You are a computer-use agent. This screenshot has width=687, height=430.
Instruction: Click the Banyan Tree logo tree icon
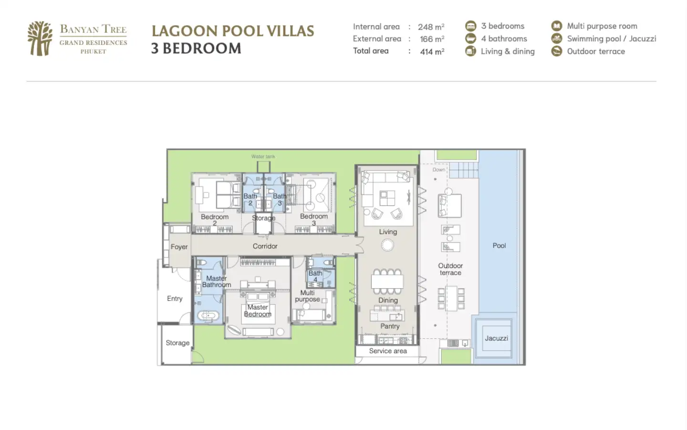click(40, 38)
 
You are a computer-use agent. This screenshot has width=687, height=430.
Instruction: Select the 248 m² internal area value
click(431, 27)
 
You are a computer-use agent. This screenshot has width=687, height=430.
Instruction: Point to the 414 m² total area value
click(432, 51)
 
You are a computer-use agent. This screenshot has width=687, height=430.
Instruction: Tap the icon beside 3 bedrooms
click(471, 26)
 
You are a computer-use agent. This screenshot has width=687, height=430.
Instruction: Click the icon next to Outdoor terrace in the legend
click(557, 51)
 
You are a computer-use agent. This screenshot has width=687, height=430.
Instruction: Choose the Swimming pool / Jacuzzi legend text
click(612, 39)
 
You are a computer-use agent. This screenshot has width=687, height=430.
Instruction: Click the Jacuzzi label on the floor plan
click(497, 338)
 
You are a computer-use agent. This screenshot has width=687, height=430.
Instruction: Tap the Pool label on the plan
click(500, 246)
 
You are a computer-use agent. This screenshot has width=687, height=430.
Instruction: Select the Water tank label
click(263, 156)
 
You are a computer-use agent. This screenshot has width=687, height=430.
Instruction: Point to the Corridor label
click(265, 246)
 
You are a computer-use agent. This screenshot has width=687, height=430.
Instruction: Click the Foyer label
click(179, 247)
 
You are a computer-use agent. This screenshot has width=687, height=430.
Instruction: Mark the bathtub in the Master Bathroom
click(208, 316)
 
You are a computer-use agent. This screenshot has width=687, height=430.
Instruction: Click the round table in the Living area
click(387, 245)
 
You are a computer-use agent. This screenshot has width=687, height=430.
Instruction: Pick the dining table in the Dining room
click(387, 281)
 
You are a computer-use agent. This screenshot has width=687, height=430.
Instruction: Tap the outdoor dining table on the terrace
click(451, 298)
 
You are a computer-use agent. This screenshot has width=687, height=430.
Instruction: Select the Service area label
click(388, 351)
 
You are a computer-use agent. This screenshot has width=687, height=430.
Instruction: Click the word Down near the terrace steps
click(439, 170)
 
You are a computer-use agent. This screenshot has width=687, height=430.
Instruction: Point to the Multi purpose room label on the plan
click(307, 296)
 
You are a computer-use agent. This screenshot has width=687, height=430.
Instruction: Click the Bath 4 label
click(315, 276)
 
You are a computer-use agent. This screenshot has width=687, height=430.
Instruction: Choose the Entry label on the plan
click(175, 299)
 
